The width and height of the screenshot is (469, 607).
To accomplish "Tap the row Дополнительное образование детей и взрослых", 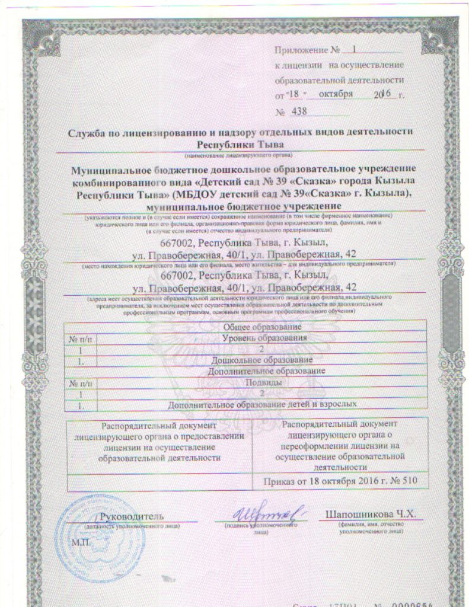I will coord(262,404).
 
